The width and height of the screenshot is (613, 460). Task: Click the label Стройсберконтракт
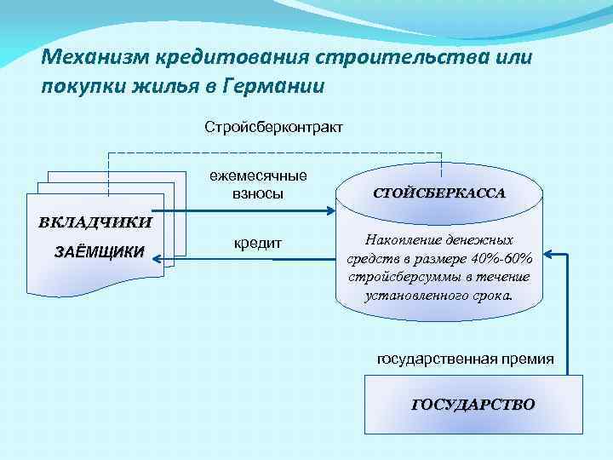[273, 128]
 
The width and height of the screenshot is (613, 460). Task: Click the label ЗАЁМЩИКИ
[99, 252]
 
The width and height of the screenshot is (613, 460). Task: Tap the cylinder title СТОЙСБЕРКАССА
[440, 193]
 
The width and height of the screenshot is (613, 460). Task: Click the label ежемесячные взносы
[259, 186]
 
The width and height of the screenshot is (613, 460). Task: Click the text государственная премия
[465, 359]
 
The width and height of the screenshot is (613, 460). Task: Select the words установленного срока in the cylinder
[439, 296]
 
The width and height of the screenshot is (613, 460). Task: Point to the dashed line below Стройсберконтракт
[273, 153]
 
